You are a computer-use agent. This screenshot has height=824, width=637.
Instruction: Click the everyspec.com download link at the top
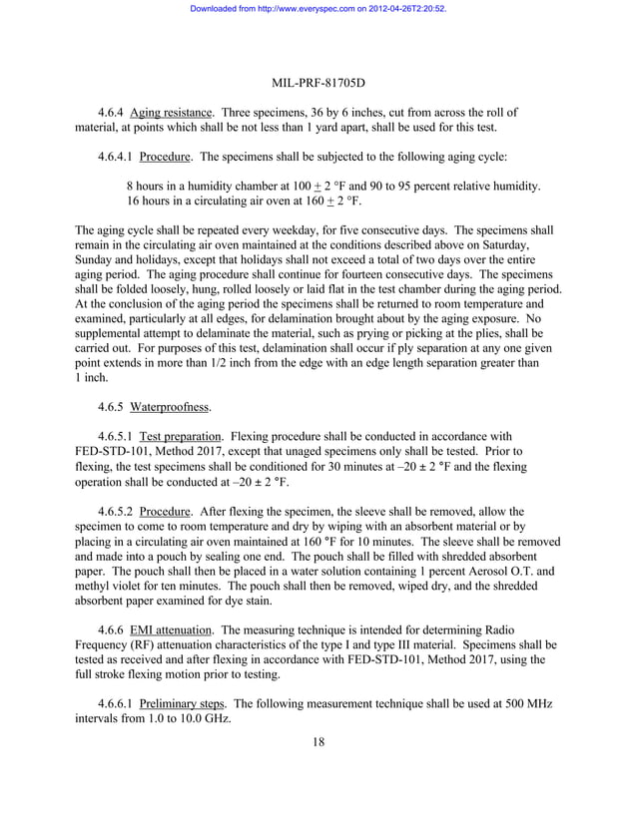(x=318, y=8)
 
